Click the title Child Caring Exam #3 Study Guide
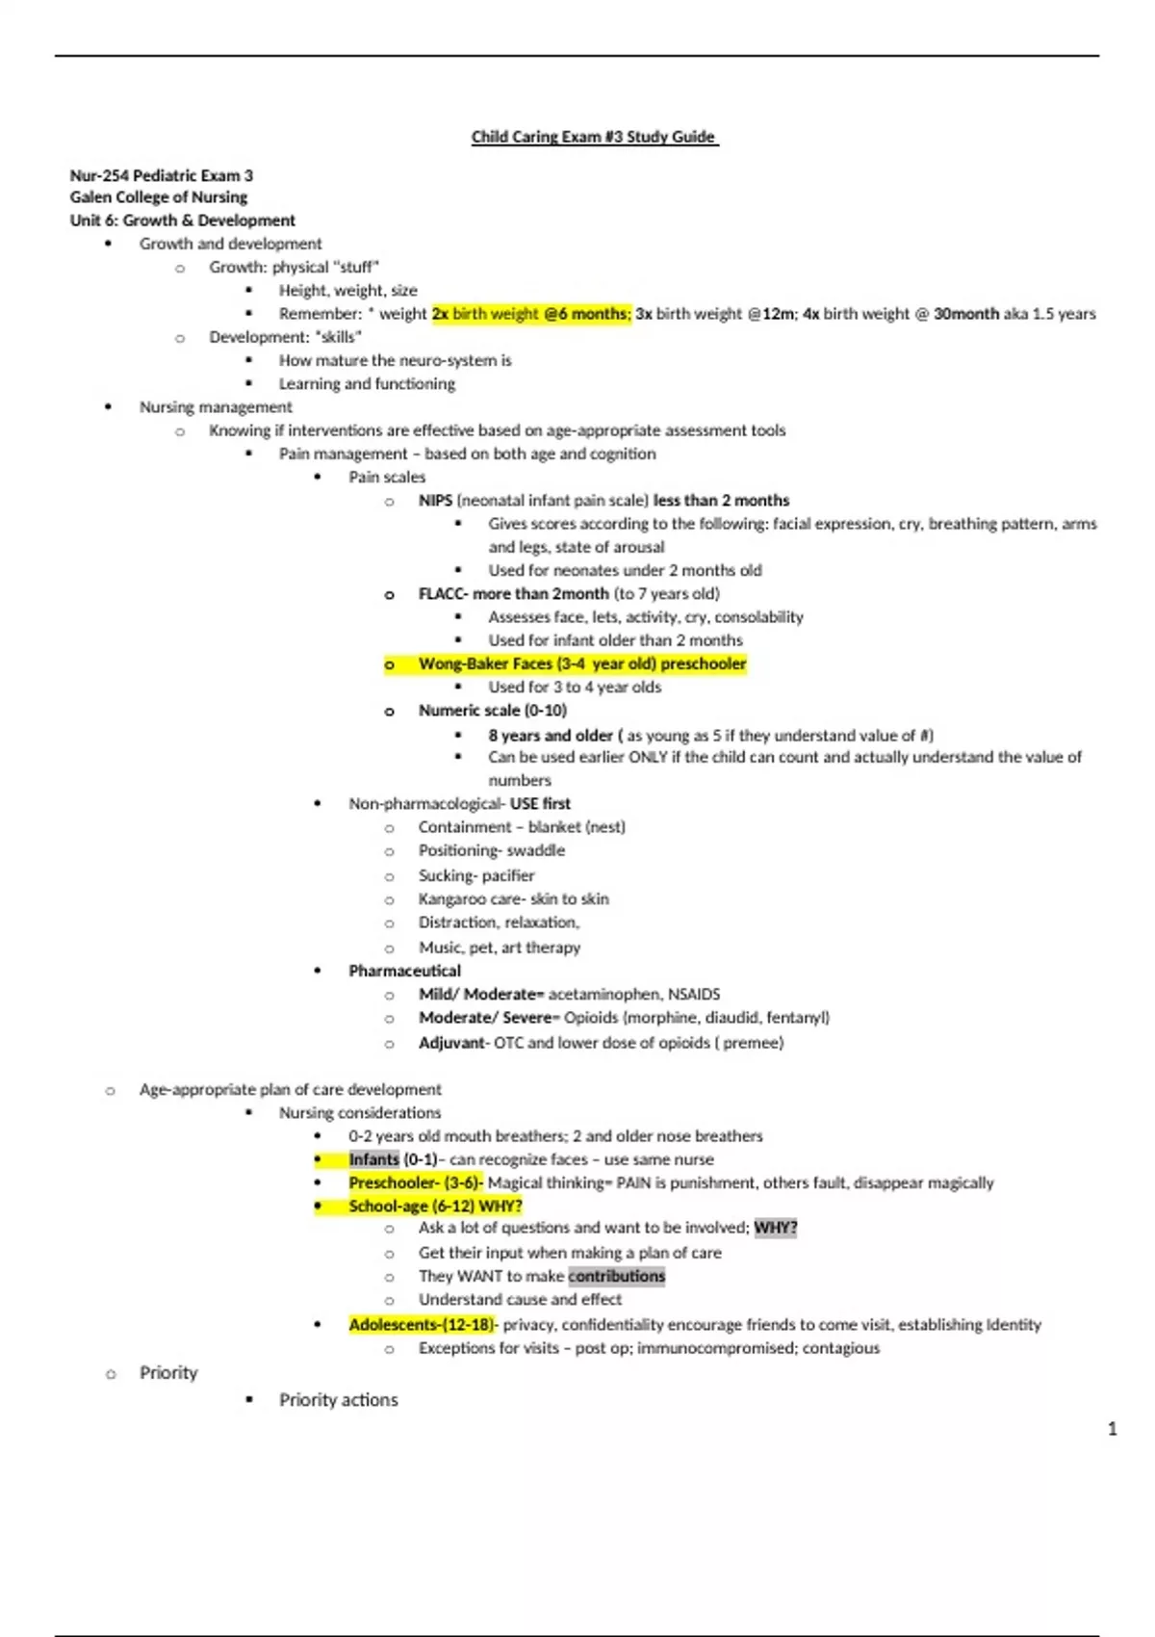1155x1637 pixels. (594, 137)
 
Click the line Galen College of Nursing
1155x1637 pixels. (159, 197)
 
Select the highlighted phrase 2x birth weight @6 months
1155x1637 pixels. (531, 314)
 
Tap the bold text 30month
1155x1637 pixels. (965, 314)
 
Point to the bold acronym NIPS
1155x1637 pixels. (435, 501)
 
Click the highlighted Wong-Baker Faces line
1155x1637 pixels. (581, 664)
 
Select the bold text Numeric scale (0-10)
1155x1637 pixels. (492, 711)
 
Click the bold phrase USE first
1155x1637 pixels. (540, 804)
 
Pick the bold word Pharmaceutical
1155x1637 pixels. (404, 971)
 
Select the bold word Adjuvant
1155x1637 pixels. (452, 1043)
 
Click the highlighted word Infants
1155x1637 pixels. (373, 1159)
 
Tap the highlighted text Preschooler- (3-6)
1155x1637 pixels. (415, 1182)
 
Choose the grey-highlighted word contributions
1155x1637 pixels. (616, 1276)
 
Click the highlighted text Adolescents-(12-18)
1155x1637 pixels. (422, 1325)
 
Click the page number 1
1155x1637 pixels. (1113, 1429)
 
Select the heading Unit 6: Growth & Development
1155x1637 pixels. (183, 221)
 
